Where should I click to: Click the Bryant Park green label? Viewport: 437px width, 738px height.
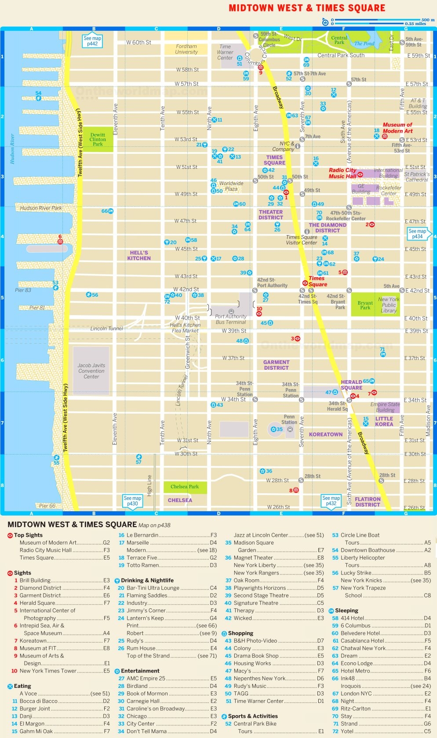click(x=365, y=305)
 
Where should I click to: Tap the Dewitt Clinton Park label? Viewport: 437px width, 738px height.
click(x=98, y=139)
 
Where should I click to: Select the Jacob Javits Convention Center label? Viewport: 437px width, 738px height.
click(x=91, y=371)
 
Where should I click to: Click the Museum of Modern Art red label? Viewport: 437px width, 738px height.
click(x=397, y=128)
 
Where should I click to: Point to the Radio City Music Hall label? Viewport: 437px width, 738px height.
click(x=342, y=173)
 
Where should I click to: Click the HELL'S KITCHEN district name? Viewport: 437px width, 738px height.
click(x=139, y=255)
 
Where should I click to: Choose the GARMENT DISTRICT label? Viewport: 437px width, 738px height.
click(x=276, y=365)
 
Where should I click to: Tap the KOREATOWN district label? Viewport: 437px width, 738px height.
click(x=325, y=434)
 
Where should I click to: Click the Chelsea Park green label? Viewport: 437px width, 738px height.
click(x=185, y=487)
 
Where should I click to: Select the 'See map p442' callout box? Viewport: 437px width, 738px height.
click(x=92, y=41)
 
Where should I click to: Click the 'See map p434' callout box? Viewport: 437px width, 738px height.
click(x=417, y=234)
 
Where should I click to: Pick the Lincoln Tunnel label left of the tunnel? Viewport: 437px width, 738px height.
click(x=106, y=328)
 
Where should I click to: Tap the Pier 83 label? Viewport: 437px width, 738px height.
click(x=23, y=290)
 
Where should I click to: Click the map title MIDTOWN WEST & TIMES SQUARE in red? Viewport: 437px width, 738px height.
click(x=307, y=8)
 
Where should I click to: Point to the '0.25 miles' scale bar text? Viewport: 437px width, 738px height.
click(x=415, y=24)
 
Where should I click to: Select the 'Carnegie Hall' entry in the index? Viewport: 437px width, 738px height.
click(x=138, y=701)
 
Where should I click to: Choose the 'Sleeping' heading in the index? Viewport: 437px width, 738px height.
click(x=346, y=611)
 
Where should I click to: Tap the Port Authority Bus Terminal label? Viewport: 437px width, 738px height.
click(x=231, y=319)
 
